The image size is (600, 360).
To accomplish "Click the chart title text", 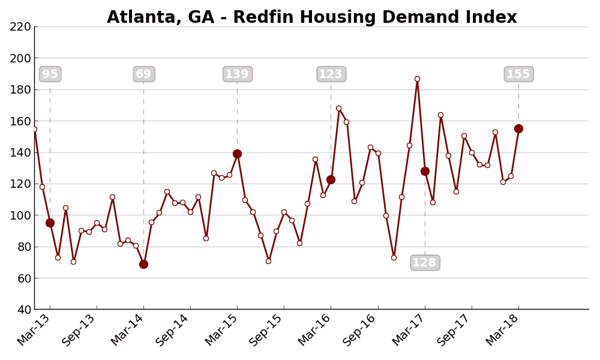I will point(311,17).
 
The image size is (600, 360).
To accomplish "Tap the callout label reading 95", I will point(50,74).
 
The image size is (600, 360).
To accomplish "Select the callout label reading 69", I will point(143,74).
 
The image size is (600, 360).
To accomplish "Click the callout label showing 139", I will point(237,74).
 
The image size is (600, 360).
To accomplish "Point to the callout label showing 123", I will point(331,74).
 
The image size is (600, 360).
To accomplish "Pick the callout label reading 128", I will point(425,263).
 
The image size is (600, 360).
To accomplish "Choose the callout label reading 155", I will point(518,74).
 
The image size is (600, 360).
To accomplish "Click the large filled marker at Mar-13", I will point(50,223).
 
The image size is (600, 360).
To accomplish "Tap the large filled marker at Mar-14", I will point(143,264).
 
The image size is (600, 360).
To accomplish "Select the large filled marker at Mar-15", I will point(237,154).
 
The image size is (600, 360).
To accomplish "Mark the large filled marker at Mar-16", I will point(331,179).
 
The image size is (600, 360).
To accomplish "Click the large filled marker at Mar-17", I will point(425,171).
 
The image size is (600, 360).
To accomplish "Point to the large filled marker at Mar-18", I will point(518,128).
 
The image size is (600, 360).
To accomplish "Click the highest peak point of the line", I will point(417,79).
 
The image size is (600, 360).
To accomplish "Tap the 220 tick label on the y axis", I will point(20,27).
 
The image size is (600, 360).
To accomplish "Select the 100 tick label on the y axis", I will point(20,215).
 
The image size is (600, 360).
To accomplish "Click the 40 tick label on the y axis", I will point(23,310).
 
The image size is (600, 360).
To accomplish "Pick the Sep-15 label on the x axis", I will point(266,330).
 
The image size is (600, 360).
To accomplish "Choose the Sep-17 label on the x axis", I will point(454,330).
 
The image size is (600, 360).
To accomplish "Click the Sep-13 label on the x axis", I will point(79,330).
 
